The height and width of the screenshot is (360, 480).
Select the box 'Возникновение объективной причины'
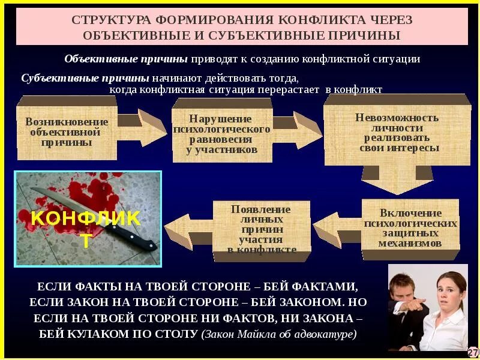coord(67,132)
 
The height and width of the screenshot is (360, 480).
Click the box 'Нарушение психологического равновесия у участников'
coord(222,133)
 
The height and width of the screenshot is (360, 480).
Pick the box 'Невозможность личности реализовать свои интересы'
coord(397,132)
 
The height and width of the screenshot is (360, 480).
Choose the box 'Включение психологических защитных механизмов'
coord(410,228)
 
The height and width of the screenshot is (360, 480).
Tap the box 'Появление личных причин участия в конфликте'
coord(262,229)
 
